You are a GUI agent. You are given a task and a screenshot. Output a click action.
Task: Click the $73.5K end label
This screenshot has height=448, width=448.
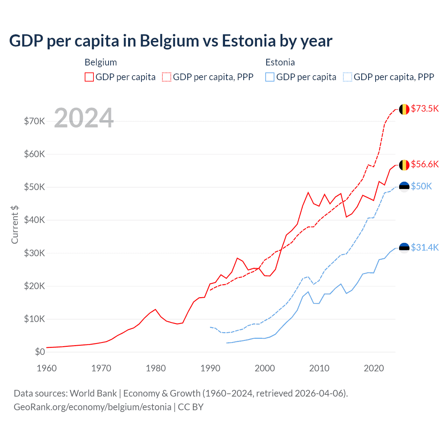pos(425,108)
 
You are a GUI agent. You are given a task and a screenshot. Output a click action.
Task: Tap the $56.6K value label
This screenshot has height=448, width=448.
pos(425,164)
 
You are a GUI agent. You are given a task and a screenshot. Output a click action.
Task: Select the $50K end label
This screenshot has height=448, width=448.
pos(421,186)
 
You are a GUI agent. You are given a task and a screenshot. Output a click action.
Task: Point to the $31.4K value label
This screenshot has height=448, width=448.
pos(425,247)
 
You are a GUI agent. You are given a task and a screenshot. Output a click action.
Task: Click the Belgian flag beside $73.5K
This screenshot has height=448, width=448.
pos(404,109)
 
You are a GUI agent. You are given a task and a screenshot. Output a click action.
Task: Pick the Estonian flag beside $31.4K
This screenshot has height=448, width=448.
pos(404,248)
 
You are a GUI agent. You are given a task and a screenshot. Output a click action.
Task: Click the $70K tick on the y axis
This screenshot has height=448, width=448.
pos(34,121)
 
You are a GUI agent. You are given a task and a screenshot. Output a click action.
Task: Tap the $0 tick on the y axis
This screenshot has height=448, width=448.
pos(40,352)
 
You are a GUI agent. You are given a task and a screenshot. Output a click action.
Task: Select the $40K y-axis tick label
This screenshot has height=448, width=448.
pos(34,220)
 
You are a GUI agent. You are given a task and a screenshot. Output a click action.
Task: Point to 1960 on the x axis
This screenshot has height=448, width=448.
pos(47,368)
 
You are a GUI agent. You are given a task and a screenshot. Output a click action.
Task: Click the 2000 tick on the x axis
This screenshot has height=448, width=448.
pos(265,368)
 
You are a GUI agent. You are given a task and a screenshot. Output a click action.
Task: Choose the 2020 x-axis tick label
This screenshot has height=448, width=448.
pos(374,368)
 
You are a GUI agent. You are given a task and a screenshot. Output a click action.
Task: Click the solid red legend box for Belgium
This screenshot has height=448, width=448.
pos(89,77)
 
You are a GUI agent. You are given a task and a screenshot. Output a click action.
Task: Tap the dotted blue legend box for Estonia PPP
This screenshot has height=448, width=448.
pos(348,77)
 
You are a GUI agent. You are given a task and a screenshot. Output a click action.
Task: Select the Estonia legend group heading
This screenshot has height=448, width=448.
pos(280,62)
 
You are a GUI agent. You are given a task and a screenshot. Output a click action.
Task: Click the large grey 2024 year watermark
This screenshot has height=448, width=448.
pos(84,118)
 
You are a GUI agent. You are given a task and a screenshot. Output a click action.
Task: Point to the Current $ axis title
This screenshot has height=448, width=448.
pos(15,225)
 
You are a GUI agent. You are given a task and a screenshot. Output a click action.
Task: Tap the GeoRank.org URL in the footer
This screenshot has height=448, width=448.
pos(92,407)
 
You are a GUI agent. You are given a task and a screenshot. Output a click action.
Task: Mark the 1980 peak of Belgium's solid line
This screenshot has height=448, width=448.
pos(155,309)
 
